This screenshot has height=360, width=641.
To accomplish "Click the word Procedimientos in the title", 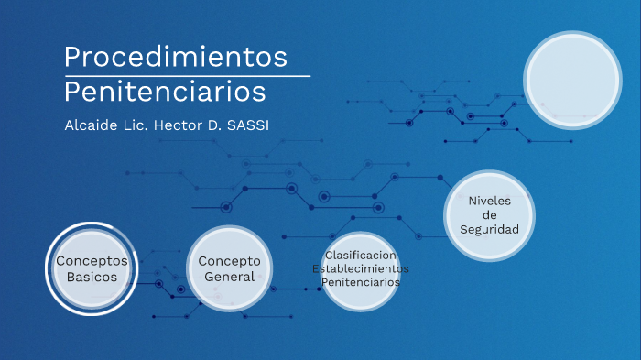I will [176, 57].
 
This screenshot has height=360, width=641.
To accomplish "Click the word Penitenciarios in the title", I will [165, 92].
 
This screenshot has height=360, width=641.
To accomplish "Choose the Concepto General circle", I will [230, 268].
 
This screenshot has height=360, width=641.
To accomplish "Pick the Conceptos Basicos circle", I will [92, 268].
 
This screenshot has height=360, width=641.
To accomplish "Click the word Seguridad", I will [489, 229].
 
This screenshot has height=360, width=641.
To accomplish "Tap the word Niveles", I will [489, 201].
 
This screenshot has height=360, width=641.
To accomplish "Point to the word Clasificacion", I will [361, 255].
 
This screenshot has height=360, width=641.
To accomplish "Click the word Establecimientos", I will [361, 268].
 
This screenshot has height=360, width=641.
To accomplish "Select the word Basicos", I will [92, 277].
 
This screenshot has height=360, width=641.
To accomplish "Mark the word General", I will [230, 277].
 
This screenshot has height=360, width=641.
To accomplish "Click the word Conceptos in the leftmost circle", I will [92, 261].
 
